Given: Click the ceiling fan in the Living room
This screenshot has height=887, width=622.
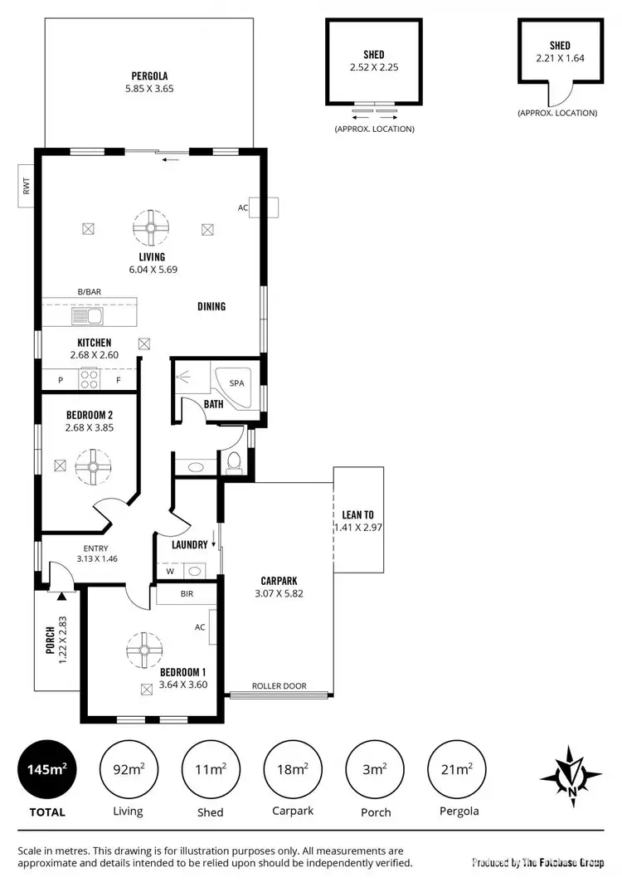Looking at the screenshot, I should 151,227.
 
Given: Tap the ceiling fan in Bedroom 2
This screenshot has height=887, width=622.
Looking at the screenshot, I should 93,466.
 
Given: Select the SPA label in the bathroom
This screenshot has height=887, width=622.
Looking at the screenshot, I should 236,383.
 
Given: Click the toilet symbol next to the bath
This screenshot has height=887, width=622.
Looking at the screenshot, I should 235,462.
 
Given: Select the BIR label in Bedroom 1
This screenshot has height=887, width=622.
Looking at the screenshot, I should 187,595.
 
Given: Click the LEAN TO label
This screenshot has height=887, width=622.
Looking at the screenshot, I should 357,514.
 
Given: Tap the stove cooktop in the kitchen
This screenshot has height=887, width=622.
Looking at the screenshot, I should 89,378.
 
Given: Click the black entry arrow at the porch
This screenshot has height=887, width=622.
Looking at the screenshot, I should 62,595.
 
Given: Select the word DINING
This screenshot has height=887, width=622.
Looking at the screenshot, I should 211,306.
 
